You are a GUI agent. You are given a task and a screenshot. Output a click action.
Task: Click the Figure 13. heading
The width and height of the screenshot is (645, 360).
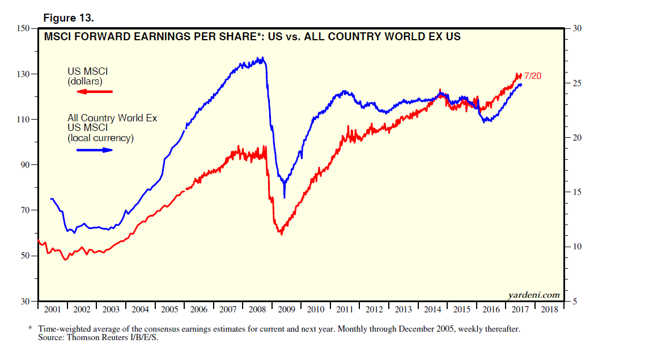click(x=69, y=18)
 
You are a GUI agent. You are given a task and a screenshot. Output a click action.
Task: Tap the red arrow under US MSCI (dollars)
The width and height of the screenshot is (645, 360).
click(x=95, y=91)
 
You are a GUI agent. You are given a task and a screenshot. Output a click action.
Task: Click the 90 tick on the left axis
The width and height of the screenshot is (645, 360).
click(x=24, y=165)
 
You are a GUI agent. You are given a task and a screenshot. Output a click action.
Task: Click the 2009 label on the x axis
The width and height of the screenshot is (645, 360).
click(x=287, y=310)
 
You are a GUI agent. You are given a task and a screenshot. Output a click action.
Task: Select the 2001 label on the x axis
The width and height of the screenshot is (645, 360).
click(x=52, y=310)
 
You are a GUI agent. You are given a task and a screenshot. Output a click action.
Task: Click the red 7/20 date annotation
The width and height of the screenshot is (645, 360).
click(x=533, y=75)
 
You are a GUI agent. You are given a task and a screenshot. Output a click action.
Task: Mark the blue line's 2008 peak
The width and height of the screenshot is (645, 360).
click(x=260, y=58)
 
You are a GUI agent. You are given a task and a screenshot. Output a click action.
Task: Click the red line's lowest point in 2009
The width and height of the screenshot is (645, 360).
click(x=280, y=233)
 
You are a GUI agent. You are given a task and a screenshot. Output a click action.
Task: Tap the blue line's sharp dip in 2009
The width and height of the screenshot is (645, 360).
click(x=284, y=197)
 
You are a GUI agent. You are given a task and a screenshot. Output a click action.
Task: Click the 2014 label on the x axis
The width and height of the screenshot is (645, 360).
click(x=433, y=310)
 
